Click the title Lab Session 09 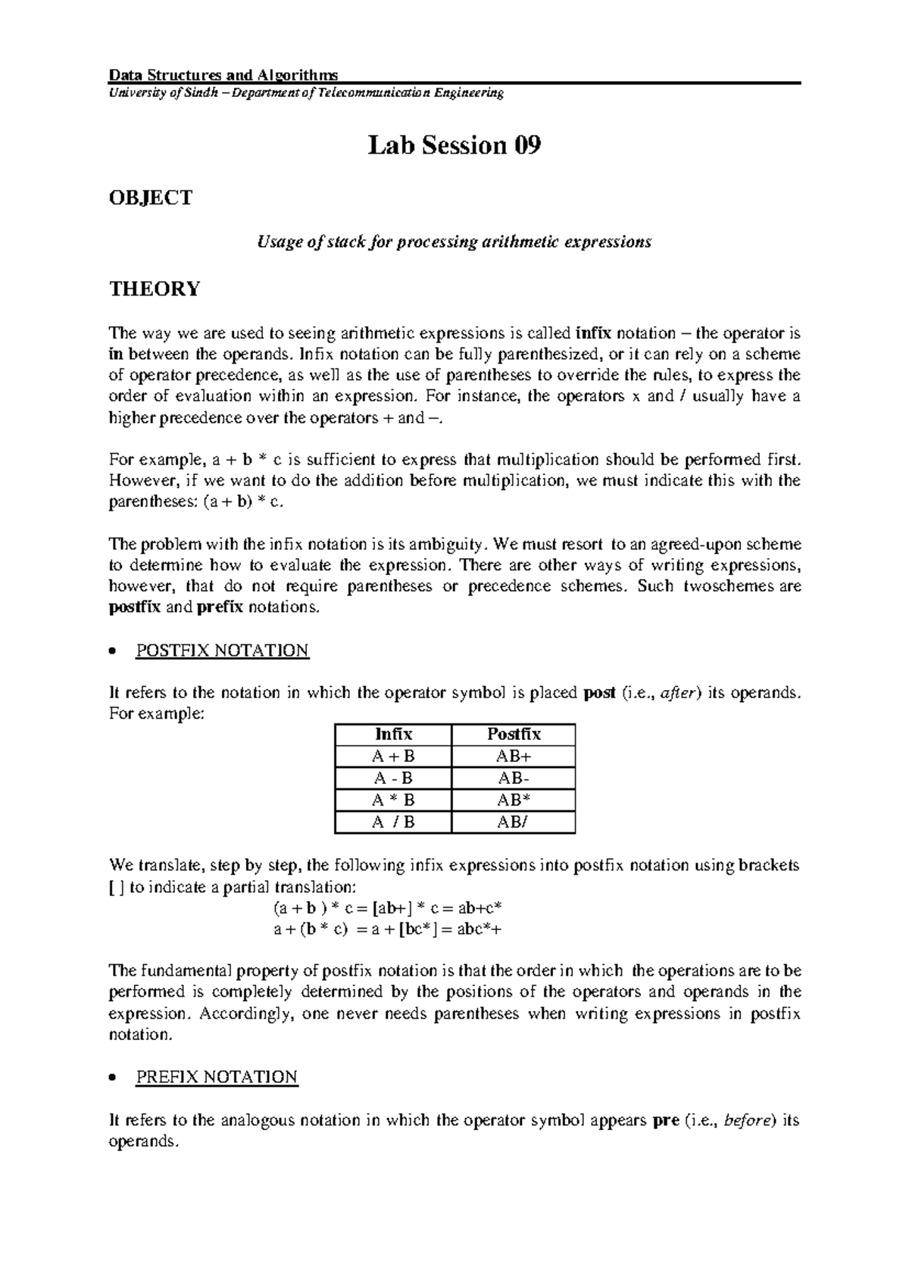click(454, 145)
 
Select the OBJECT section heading click(151, 198)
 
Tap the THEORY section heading click(155, 289)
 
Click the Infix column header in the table click(393, 734)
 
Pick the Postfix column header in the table click(514, 734)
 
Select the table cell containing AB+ click(514, 756)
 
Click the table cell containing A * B click(393, 800)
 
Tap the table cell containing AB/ click(514, 822)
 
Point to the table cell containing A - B click(393, 778)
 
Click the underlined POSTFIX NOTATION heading click(222, 651)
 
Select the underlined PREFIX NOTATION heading click(217, 1077)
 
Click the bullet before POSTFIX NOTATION click(112, 652)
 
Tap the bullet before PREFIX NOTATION click(112, 1078)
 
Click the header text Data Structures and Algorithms click(223, 75)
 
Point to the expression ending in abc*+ click(387, 929)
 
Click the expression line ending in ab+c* click(389, 908)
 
